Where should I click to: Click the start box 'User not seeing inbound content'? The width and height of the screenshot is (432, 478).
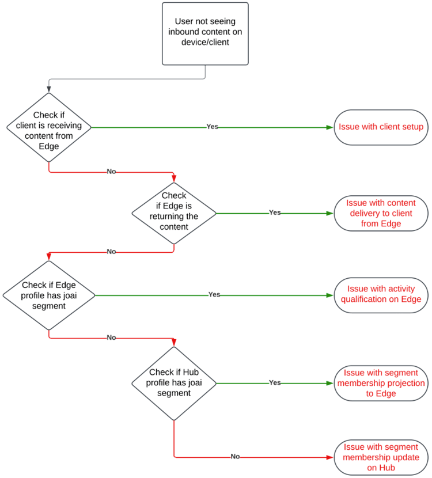(205, 33)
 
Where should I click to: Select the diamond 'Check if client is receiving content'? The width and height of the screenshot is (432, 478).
(49, 127)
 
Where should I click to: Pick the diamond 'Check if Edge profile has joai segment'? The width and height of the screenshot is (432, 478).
(49, 295)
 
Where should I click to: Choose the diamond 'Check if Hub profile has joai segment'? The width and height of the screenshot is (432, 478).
(174, 382)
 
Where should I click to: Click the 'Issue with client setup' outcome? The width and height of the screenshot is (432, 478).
(381, 127)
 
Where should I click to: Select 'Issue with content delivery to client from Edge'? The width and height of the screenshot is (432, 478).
(381, 213)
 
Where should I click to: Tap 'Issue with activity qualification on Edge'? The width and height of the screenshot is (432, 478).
(381, 294)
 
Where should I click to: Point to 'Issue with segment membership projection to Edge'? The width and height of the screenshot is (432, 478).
(381, 383)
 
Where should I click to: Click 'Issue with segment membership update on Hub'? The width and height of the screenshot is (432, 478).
(381, 457)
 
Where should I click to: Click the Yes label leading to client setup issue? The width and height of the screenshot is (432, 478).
(213, 127)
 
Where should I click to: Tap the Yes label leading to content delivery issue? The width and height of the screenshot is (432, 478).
(275, 213)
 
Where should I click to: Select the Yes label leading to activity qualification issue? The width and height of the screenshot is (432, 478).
(214, 294)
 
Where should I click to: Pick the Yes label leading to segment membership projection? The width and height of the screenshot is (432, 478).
(275, 382)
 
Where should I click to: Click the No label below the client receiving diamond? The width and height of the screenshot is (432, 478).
(112, 172)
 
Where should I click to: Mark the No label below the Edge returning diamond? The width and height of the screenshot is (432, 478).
(112, 252)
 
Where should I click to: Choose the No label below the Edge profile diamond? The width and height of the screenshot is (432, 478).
(112, 337)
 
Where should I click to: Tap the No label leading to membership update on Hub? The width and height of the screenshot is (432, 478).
(235, 457)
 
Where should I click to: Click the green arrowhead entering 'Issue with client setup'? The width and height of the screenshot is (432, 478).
(330, 127)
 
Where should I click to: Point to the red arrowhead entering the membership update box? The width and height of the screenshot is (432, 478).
(330, 457)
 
